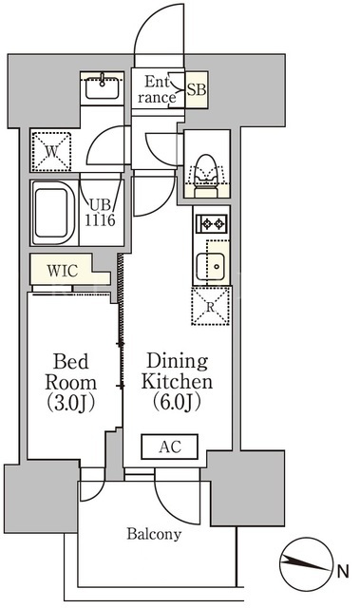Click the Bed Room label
(70, 382)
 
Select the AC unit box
(169, 446)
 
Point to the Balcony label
(154, 534)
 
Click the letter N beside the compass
(343, 571)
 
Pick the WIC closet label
(63, 271)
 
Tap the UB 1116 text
(100, 212)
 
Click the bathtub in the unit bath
(54, 213)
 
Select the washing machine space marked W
(51, 151)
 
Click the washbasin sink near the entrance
(102, 88)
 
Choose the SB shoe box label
(196, 89)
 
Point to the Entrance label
(157, 89)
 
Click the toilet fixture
(206, 176)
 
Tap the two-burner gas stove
(212, 223)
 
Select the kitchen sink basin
(211, 266)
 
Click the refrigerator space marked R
(211, 306)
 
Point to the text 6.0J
(177, 402)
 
